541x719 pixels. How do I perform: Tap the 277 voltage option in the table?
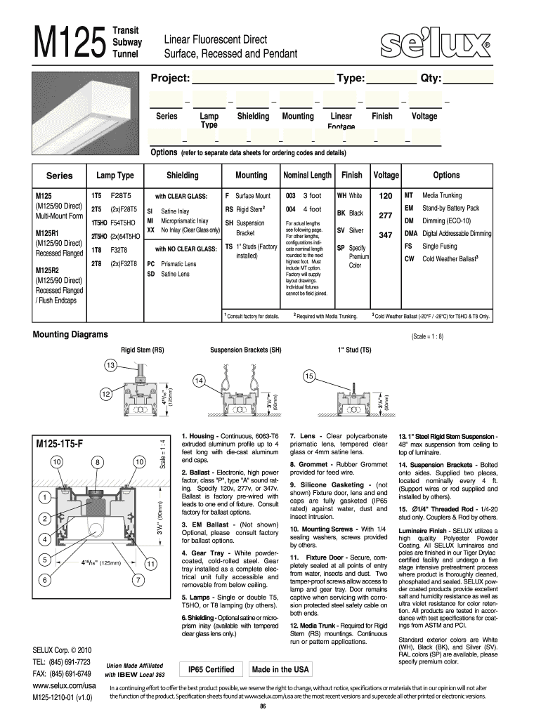385,216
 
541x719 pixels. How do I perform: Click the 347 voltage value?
385,235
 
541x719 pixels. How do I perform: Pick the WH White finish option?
349,196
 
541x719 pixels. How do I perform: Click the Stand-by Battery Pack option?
450,209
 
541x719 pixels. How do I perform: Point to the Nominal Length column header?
307,175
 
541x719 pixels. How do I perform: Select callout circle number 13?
111,365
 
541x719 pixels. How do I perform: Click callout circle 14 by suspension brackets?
200,381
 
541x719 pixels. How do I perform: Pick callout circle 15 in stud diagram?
308,377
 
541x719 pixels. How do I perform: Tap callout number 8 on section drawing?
96,461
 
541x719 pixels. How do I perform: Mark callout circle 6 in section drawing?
44,580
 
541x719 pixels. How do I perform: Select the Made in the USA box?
280,669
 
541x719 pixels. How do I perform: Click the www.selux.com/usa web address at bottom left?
64,684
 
